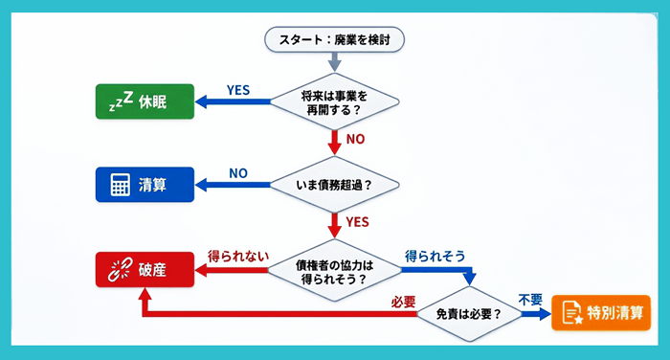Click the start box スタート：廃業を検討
(x=334, y=39)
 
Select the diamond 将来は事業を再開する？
(x=334, y=101)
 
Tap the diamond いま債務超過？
(x=334, y=184)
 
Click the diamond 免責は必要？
(x=468, y=312)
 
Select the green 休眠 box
(x=145, y=101)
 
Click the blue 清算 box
(x=145, y=184)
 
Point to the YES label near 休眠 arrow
(x=238, y=90)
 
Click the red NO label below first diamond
(x=355, y=140)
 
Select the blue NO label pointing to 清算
(x=238, y=173)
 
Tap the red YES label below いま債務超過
(x=357, y=224)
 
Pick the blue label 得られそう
(x=435, y=257)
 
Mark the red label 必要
(x=403, y=302)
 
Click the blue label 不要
(x=530, y=300)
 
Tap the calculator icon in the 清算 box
(x=120, y=185)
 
